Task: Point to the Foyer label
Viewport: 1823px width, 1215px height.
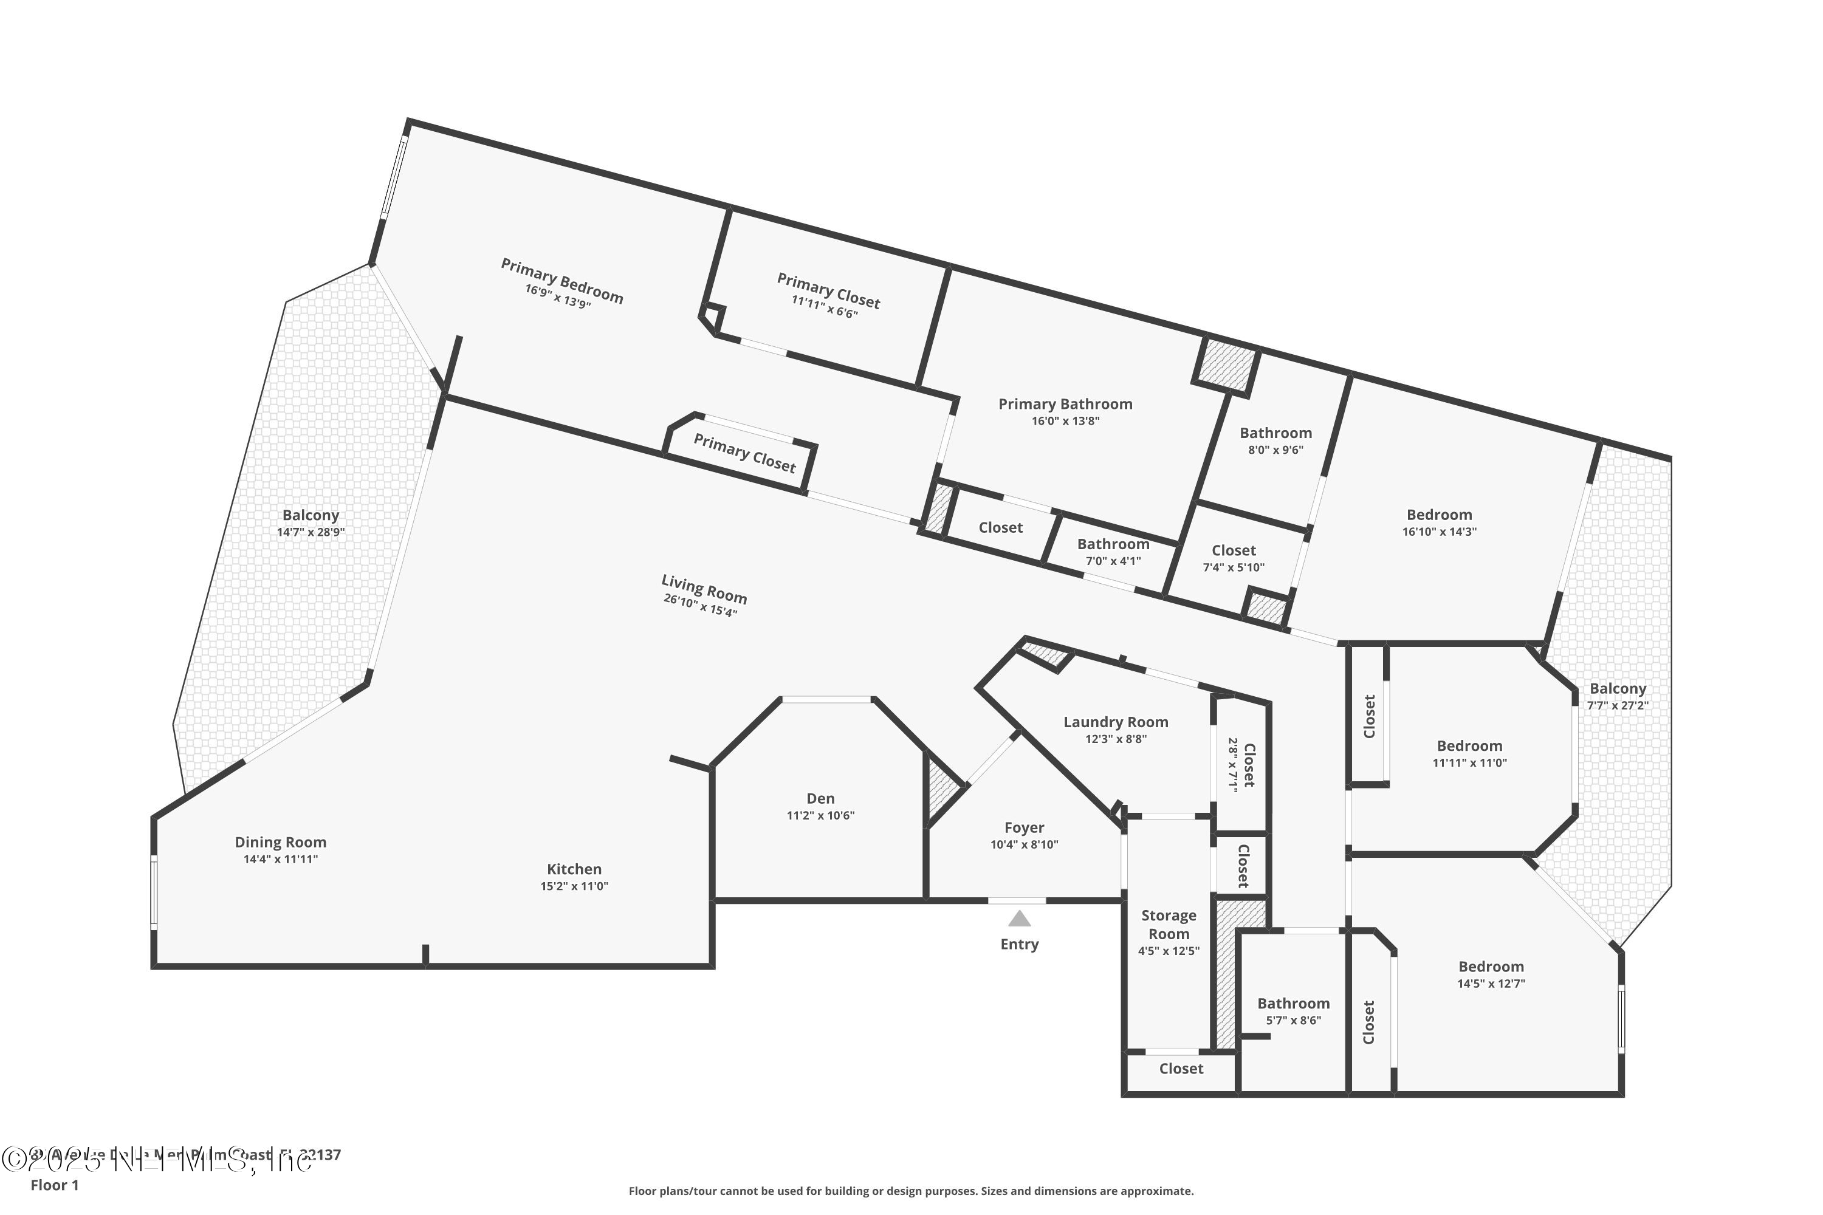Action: point(1024,827)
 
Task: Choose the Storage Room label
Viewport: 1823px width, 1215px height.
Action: point(1168,925)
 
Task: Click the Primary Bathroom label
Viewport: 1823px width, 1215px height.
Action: point(1065,404)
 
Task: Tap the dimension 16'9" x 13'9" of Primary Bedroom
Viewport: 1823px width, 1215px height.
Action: point(557,295)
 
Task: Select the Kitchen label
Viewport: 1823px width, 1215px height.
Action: point(574,869)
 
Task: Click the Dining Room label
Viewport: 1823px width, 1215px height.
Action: point(281,841)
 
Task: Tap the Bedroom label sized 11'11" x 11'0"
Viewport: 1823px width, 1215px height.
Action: point(1469,745)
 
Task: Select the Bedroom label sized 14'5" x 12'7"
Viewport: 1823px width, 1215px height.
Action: point(1491,967)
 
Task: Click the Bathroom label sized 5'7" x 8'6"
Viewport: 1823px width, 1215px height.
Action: point(1293,1004)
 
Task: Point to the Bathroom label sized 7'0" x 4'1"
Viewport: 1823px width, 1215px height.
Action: point(1113,544)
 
